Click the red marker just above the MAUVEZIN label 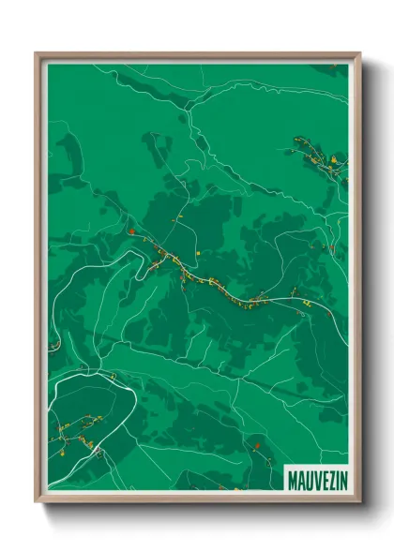click(256, 445)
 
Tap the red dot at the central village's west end click(132, 231)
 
